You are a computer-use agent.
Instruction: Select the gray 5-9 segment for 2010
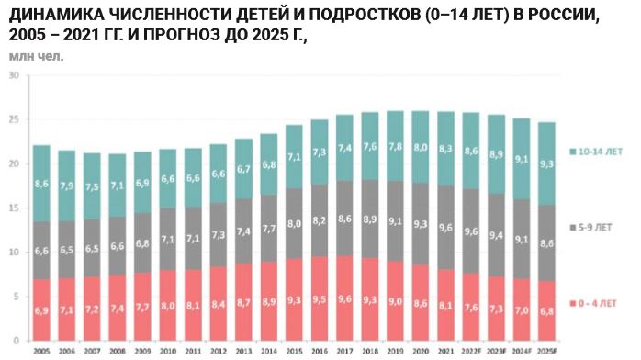(x=168, y=239)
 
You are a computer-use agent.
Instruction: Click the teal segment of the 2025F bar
(x=545, y=163)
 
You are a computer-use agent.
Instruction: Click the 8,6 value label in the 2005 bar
(x=42, y=184)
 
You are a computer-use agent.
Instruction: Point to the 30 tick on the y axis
(x=14, y=75)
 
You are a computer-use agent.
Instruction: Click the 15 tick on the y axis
(x=14, y=208)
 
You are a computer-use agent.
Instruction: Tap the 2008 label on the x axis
(x=118, y=351)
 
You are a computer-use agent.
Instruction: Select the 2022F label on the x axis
(x=470, y=351)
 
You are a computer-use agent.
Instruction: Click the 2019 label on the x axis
(x=395, y=351)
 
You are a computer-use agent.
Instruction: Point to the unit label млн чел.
(x=37, y=56)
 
